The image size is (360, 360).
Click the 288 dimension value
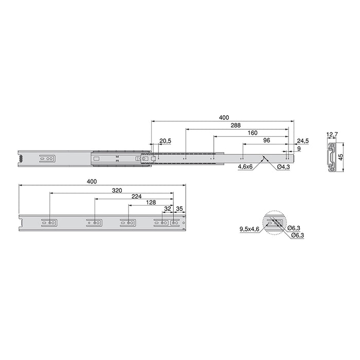[236, 125]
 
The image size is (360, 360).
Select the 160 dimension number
[253, 133]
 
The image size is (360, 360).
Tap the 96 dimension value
[266, 140]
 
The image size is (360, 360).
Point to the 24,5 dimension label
[303, 141]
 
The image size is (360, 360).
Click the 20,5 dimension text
[165, 141]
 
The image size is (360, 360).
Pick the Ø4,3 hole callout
[283, 167]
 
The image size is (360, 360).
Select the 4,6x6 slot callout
[245, 167]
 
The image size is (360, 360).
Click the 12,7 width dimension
[332, 135]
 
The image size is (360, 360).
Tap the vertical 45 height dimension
[340, 157]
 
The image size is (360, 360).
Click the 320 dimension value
[117, 190]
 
